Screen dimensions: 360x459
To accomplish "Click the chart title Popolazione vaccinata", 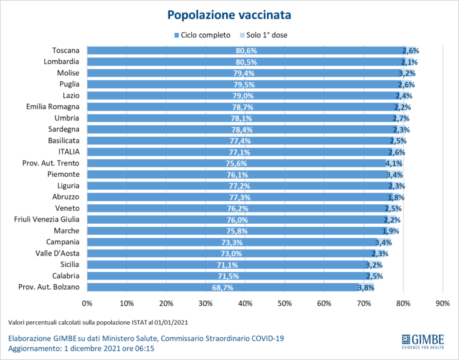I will coord(229,14).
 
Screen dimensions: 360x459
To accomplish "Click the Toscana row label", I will coord(66,50).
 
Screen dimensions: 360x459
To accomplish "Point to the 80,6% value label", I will coord(246,51).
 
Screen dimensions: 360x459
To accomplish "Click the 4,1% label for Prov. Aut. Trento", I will coord(393,163).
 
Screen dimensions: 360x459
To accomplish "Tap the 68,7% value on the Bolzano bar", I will coord(222,287).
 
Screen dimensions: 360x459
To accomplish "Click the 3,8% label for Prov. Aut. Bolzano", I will coord(366,287).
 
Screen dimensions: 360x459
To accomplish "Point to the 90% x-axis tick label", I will coord(443,304).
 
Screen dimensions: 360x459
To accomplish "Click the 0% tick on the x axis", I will coord(87,304).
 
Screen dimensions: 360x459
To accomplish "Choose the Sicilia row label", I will coord(68,264).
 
